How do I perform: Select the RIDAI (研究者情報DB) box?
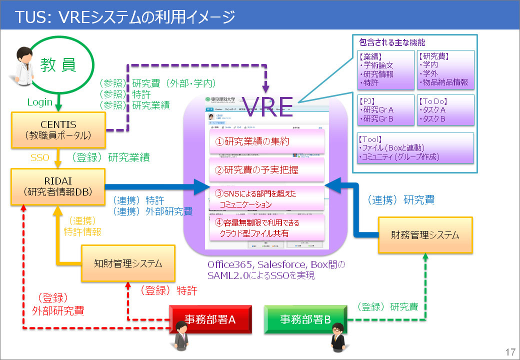pyautogui.click(x=58, y=187)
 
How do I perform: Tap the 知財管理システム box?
pyautogui.click(x=128, y=263)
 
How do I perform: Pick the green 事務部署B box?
pyautogui.click(x=305, y=319)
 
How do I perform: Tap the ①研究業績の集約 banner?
pyautogui.click(x=265, y=141)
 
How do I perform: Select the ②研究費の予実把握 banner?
pyautogui.click(x=265, y=170)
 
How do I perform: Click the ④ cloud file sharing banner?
pyautogui.click(x=265, y=228)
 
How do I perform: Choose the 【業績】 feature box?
pyautogui.click(x=385, y=69)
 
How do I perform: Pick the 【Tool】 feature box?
pyautogui.click(x=415, y=147)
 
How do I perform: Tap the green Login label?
pyautogui.click(x=39, y=102)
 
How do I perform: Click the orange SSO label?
pyautogui.click(x=40, y=157)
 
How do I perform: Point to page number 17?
pyautogui.click(x=510, y=351)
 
